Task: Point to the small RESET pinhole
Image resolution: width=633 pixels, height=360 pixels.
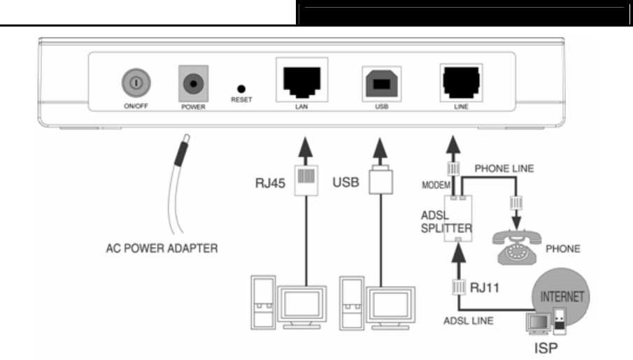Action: tap(241, 89)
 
